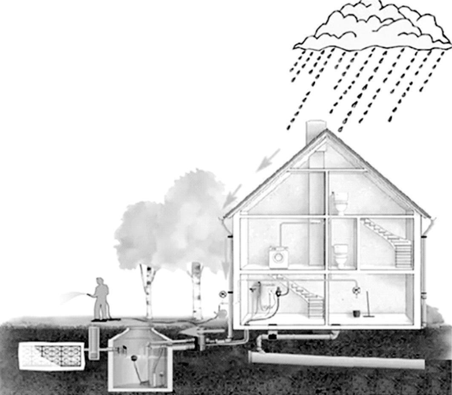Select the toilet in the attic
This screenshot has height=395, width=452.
(340, 203)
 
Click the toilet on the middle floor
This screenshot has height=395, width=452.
(341, 255)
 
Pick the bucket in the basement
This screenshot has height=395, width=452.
(356, 313)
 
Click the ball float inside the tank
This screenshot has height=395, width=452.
(134, 358)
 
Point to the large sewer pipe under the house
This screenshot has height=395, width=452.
(337, 360)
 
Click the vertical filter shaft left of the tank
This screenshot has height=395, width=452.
(95, 342)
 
